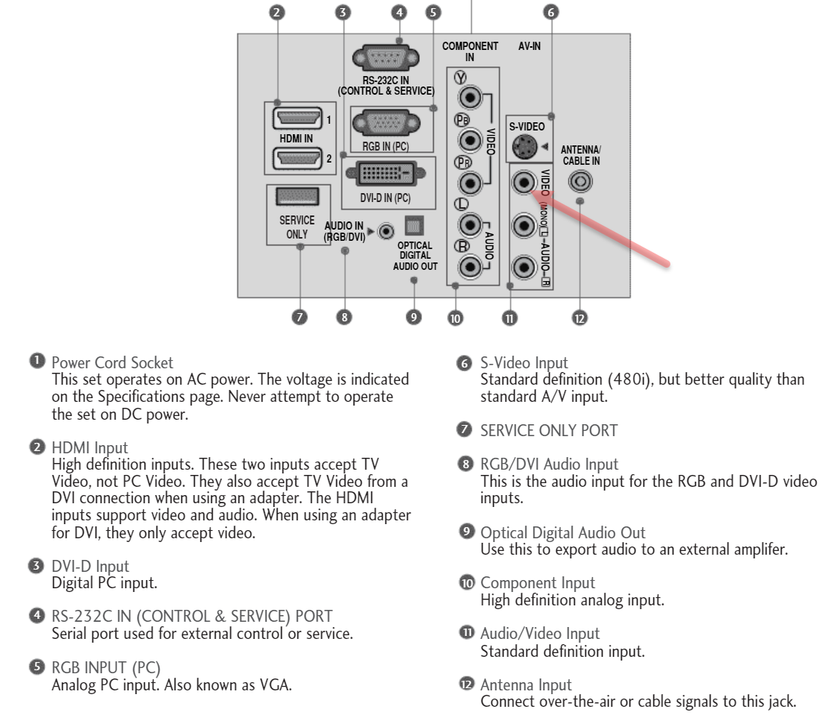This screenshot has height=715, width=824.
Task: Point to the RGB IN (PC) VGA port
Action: point(385,121)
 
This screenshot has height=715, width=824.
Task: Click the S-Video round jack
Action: point(525,146)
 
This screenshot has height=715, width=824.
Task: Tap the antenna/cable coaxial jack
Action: point(580,181)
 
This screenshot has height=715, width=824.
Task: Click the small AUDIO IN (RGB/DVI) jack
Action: point(386,231)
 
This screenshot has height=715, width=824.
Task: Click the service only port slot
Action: point(298,196)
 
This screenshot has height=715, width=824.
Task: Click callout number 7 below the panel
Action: point(298,316)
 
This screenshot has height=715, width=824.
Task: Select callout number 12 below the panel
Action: point(579,318)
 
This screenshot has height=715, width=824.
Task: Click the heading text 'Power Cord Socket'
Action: point(113,363)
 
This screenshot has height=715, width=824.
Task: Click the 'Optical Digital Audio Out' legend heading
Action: point(563,533)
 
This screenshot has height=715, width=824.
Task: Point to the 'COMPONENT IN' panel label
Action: point(465,51)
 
